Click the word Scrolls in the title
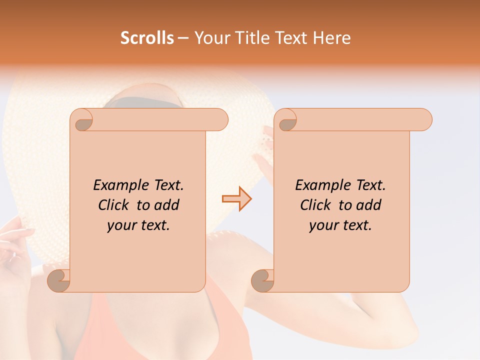click(147, 38)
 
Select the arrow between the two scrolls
click(236, 198)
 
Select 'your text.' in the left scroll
click(138, 225)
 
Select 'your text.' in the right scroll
click(340, 225)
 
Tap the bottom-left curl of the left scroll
click(59, 280)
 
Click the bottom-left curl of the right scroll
click(263, 280)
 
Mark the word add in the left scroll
click(167, 205)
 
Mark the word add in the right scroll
click(369, 205)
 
